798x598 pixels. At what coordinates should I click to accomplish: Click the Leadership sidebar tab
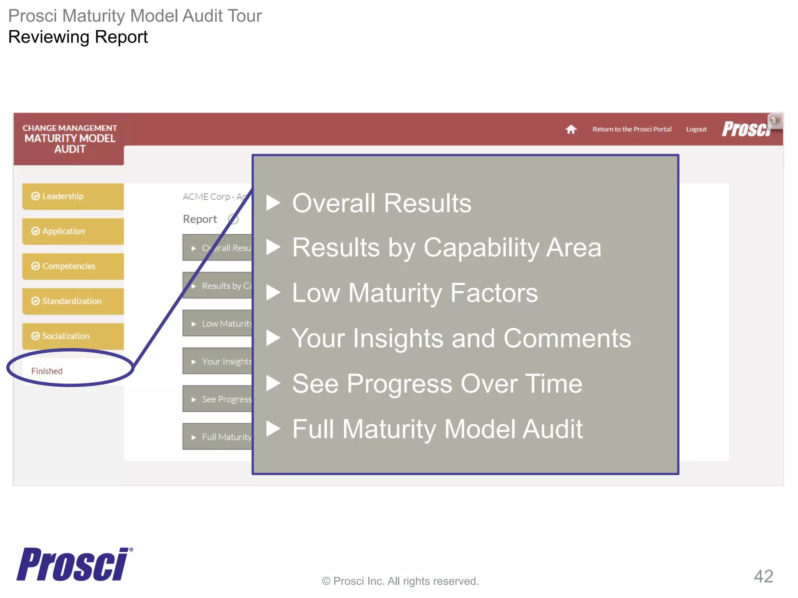73,196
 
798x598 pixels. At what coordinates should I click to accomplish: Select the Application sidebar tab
73,231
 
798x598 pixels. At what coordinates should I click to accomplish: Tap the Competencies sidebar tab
73,266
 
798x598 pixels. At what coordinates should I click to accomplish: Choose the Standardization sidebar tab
73,301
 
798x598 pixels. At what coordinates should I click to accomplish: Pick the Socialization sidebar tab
73,336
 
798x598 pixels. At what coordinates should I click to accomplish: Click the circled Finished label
47,371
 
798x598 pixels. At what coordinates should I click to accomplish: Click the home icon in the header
571,129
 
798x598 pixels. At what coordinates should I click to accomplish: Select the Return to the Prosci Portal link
632,129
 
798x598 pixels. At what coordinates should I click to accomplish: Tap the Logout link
696,129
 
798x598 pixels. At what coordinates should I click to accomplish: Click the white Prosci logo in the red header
746,129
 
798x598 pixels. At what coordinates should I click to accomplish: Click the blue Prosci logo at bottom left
73,565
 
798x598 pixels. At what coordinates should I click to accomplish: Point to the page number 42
763,576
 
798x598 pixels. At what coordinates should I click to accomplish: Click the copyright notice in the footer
400,581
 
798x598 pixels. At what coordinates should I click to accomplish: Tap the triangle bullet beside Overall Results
273,202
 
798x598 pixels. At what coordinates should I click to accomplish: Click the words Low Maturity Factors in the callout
415,293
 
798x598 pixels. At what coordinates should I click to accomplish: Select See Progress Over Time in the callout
437,383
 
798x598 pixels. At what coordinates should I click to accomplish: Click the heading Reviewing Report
78,37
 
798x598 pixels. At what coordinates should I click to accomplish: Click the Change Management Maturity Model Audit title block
70,139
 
